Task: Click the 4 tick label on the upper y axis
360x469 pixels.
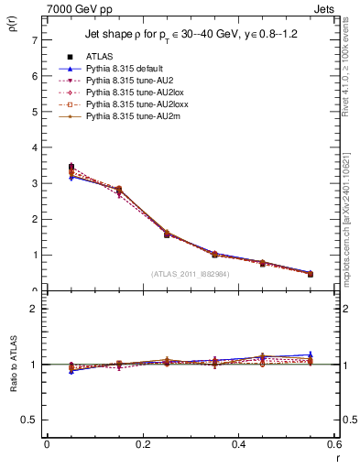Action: (34, 147)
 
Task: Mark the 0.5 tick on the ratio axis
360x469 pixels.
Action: (30, 420)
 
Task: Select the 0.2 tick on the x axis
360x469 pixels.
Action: (142, 444)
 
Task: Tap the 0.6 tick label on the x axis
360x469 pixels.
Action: (333, 444)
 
